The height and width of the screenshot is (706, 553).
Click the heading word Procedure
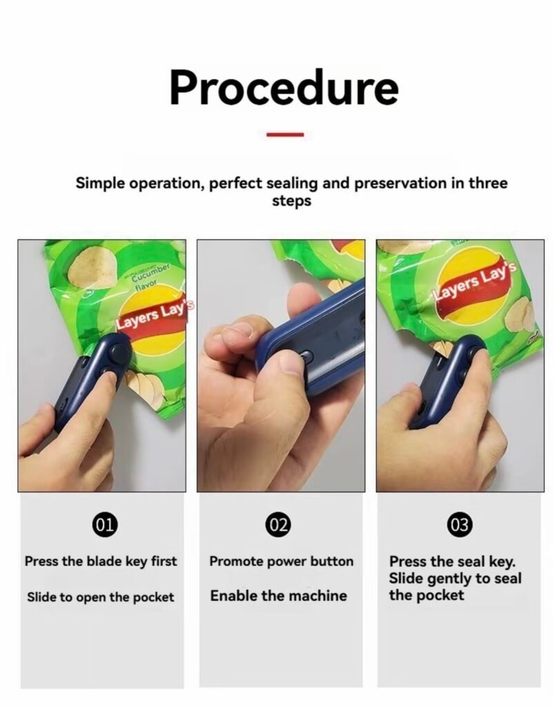coord(284,88)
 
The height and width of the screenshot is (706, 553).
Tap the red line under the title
coord(285,134)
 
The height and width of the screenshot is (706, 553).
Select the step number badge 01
coord(104,525)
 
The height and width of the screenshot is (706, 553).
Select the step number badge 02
coord(278,525)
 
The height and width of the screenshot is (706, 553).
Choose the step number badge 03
coord(460,525)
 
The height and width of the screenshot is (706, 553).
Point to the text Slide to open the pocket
coord(100,597)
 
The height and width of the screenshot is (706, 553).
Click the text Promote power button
coord(281,561)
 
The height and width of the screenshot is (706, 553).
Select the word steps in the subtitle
coord(291,201)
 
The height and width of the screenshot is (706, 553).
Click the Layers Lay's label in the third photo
coord(474,282)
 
